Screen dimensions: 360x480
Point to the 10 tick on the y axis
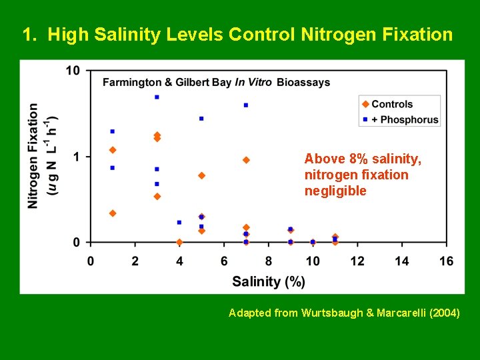point(73,71)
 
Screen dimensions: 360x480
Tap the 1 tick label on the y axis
point(77,157)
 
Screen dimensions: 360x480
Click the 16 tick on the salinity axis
point(447,261)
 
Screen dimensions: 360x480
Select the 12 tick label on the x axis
point(357,261)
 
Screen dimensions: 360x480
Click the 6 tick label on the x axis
point(224,261)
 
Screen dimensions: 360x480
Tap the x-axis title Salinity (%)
point(269,281)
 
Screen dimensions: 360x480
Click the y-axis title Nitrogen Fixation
point(33,155)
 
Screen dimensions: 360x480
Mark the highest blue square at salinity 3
point(157,97)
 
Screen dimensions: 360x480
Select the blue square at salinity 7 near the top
point(246,105)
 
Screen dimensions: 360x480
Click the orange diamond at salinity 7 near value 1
point(246,160)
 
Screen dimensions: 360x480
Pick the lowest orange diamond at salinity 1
point(113,213)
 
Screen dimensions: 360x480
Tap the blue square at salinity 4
point(179,223)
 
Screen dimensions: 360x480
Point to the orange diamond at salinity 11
point(335,237)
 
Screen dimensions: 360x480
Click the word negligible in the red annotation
point(335,191)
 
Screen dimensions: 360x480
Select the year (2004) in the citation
point(441,313)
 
